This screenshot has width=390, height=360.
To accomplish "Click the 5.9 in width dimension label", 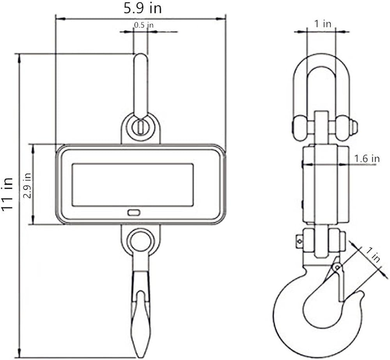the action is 142,8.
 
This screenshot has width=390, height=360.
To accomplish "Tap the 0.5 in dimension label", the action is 144,25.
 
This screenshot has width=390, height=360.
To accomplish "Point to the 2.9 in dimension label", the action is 27,185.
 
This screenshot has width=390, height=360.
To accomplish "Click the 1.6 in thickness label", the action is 367,158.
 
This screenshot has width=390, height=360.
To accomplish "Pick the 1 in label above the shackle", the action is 323,24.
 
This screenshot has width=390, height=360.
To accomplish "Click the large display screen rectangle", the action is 133,185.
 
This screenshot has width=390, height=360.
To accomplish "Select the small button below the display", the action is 134,213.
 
